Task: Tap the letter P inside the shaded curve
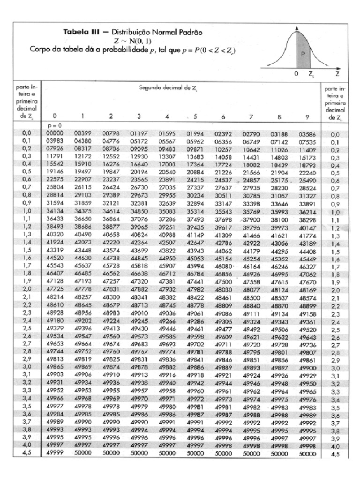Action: tap(303, 53)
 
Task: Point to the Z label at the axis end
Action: tap(337, 74)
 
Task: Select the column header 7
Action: tap(252, 116)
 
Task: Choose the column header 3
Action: tap(139, 116)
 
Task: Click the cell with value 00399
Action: tap(82, 134)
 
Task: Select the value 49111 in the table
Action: tap(252, 313)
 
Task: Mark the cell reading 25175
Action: tap(280, 180)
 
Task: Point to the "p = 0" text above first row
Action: tap(55, 126)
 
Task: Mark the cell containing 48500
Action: tap(252, 298)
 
